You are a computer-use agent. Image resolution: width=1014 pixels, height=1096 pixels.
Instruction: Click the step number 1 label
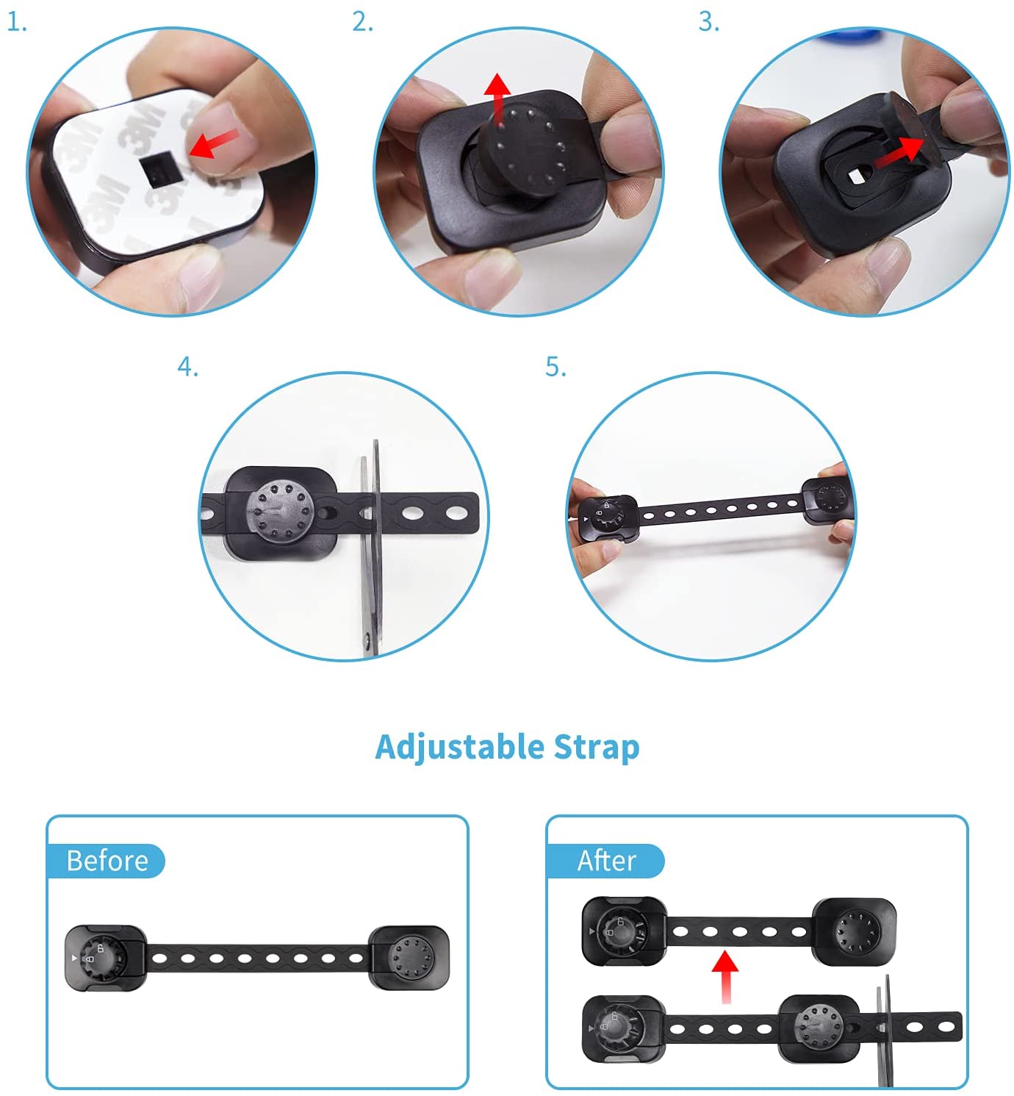pos(17,24)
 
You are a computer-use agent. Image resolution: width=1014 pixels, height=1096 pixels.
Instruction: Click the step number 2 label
pos(362,22)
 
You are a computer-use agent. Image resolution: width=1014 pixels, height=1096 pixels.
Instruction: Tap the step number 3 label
pos(709,22)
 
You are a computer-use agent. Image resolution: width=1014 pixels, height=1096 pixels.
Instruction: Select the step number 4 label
pos(187,367)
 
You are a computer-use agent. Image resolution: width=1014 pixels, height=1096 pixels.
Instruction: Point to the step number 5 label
pos(555,367)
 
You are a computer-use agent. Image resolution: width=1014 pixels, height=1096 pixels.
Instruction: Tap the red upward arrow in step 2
pos(497,99)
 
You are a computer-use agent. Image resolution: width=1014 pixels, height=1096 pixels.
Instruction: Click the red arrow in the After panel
pos(725,976)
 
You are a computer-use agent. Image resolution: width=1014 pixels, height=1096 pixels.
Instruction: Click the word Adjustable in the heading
pos(459,748)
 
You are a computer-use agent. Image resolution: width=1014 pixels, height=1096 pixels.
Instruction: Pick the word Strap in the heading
pos(597,748)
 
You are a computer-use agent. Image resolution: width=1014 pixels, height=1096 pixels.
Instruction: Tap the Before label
pos(107,861)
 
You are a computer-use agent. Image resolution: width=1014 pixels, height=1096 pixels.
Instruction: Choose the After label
pos(606,861)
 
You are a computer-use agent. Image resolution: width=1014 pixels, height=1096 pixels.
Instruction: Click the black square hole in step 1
pos(157,169)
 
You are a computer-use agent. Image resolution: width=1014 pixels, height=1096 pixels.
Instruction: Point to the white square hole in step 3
pos(856,176)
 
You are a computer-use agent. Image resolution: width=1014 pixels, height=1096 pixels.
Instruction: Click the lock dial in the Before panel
pos(103,958)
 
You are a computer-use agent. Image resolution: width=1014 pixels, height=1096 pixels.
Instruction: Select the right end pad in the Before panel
pos(409,958)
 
